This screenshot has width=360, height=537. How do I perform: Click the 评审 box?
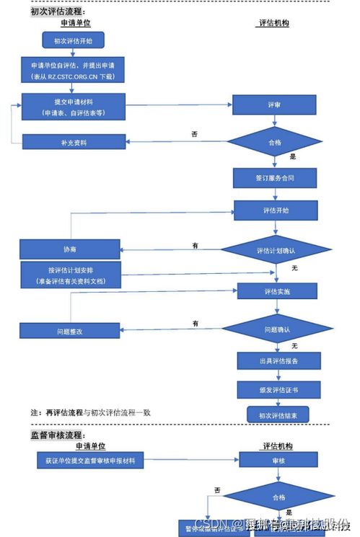[x=273, y=105]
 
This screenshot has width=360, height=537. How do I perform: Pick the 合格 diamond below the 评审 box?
[x=273, y=142]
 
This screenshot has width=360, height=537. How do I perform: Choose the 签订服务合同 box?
[x=274, y=177]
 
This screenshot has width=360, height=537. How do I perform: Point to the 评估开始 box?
[x=273, y=210]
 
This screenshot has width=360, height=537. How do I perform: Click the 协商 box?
[x=69, y=249]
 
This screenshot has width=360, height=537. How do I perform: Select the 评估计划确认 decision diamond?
[x=273, y=250]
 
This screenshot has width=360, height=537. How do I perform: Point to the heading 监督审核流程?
[x=56, y=435]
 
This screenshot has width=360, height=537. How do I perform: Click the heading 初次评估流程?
[x=56, y=12]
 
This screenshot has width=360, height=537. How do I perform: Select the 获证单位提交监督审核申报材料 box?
[x=90, y=458]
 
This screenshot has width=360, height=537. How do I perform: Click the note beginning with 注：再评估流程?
[x=94, y=412]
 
